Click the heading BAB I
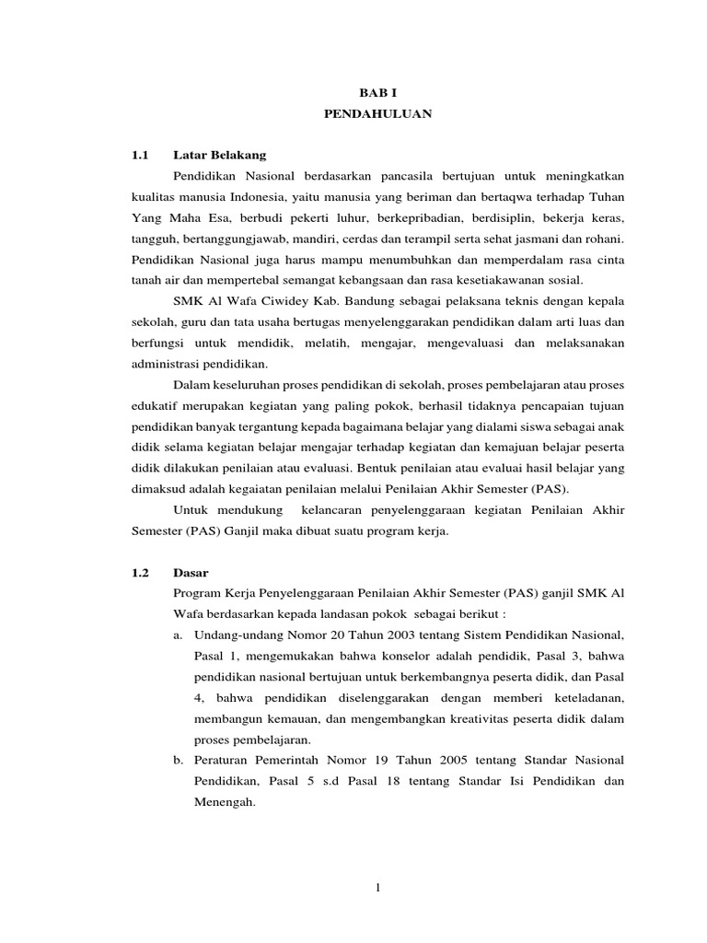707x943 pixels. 375,94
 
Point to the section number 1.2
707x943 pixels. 140,572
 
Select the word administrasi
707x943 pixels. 162,363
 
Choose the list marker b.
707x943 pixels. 177,760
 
